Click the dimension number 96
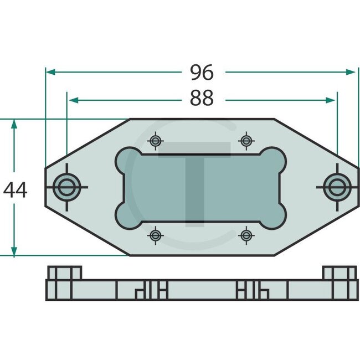coord(201,72)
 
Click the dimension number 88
coord(201,99)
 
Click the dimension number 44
coord(15,190)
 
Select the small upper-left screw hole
coord(157,141)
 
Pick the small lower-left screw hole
coord(157,235)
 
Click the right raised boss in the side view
coord(340,273)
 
